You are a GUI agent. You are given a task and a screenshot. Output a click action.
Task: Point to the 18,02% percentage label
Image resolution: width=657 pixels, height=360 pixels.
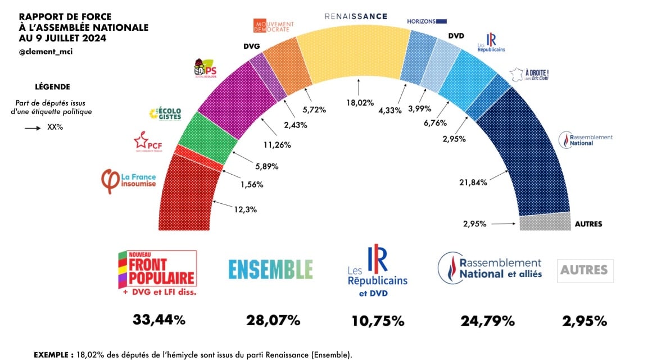point(360,103)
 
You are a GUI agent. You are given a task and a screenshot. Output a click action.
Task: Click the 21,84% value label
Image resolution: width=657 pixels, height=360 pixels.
point(472,182)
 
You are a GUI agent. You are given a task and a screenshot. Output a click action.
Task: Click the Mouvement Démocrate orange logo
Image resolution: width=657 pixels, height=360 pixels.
point(274,26)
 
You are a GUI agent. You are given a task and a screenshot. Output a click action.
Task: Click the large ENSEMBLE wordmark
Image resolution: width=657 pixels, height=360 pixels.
point(270,270)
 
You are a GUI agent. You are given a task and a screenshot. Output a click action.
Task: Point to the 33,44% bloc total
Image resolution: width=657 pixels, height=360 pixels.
point(158,321)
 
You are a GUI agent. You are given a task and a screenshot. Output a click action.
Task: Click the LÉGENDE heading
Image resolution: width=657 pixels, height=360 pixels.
point(52,87)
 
